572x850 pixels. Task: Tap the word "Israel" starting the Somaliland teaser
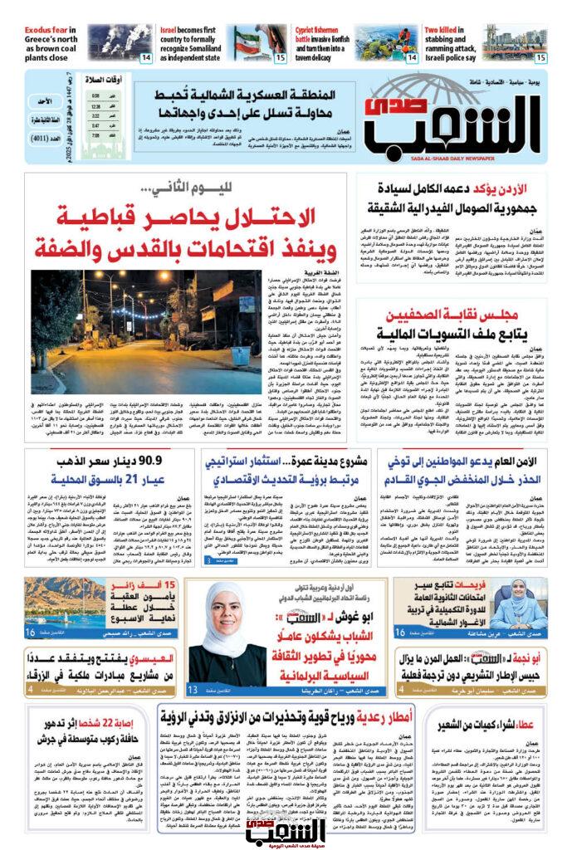point(174,31)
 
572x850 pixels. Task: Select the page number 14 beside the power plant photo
point(146,57)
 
